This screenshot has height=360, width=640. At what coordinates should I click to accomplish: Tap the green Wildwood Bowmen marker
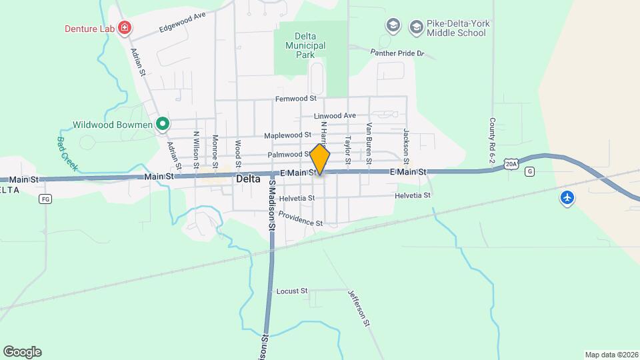162,123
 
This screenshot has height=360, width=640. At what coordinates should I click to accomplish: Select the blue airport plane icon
567,198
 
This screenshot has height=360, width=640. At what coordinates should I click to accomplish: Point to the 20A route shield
511,163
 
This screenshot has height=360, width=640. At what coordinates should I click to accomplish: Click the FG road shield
45,199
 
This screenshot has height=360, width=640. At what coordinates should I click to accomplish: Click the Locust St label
292,291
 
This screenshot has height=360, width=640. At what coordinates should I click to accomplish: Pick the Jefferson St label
358,307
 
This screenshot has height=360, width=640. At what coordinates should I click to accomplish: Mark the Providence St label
301,218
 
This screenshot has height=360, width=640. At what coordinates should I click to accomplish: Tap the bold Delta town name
247,179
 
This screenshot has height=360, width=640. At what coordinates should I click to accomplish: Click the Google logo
22,352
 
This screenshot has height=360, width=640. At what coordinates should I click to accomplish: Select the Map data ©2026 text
610,355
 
